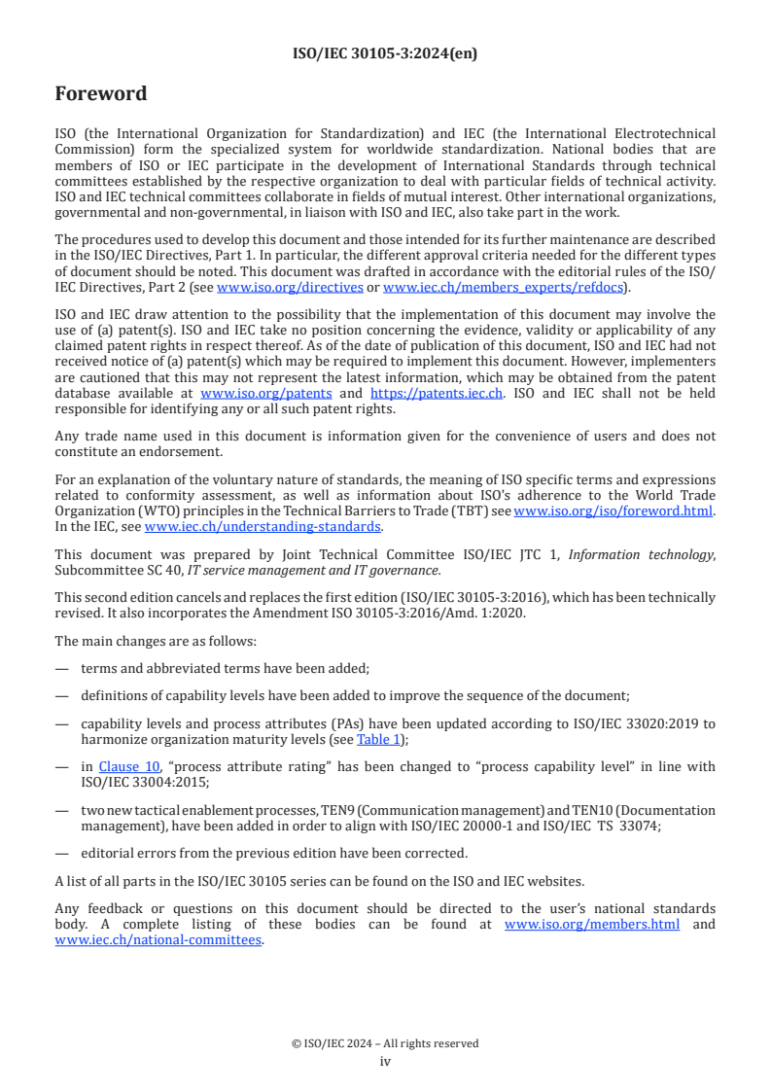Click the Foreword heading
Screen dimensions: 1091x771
pyautogui.click(x=101, y=94)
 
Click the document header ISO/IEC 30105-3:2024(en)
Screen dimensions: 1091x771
pyautogui.click(x=385, y=53)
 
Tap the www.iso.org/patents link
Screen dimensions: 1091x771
pyautogui.click(x=265, y=394)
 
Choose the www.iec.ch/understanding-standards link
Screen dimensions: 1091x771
pyautogui.click(x=263, y=526)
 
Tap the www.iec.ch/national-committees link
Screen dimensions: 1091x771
pyautogui.click(x=158, y=939)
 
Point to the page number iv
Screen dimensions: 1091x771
pyautogui.click(x=385, y=1061)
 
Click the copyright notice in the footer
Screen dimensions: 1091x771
pyautogui.click(x=385, y=1043)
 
